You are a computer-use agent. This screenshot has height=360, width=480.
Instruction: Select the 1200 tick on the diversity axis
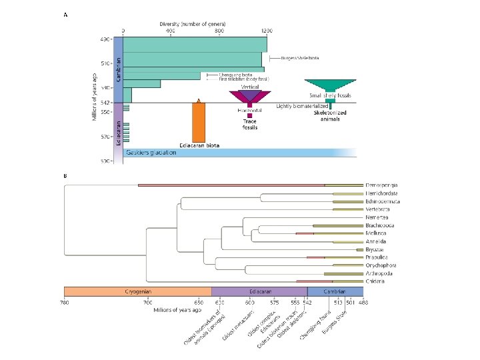[x=267, y=31]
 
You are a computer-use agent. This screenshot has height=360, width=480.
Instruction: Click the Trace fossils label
[x=249, y=124]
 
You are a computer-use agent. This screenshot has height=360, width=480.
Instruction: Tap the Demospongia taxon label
[x=383, y=184]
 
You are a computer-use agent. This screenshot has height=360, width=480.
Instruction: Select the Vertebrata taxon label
[x=382, y=209]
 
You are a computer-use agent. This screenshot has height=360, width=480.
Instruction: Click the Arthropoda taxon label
[x=382, y=273]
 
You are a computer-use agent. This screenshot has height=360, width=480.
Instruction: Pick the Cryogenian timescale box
[x=137, y=291]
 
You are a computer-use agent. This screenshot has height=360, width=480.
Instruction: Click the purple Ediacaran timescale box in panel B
[x=259, y=291]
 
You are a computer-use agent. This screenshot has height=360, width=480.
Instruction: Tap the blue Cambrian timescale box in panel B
[x=335, y=291]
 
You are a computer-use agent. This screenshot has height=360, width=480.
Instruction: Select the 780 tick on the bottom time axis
[x=64, y=303]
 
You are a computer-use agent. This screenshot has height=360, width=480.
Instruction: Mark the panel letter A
[x=65, y=15]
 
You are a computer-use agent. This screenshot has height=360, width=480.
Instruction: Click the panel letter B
[x=65, y=176]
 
